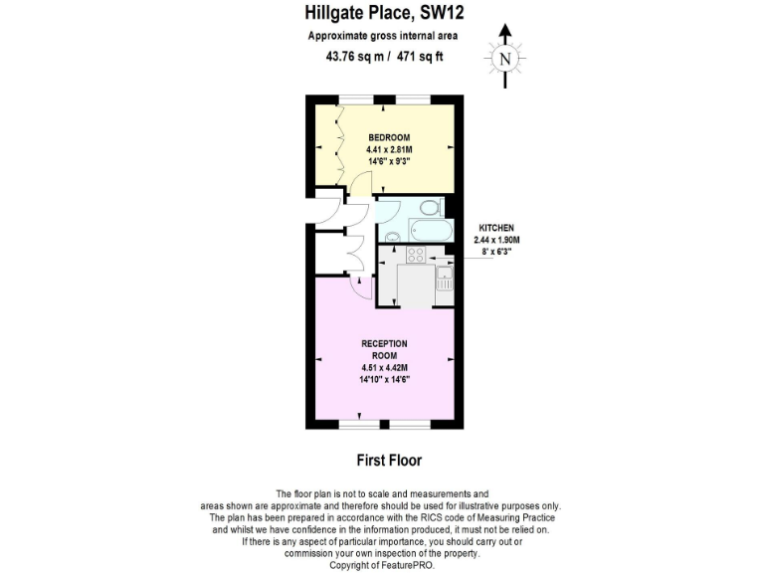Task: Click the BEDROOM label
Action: click(x=388, y=137)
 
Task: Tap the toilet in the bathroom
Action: click(x=429, y=208)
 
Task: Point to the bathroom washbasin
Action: click(x=392, y=237)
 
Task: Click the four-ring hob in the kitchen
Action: click(x=416, y=256)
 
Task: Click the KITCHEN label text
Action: click(x=497, y=229)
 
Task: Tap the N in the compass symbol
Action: click(x=505, y=59)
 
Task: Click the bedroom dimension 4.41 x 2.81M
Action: click(x=388, y=149)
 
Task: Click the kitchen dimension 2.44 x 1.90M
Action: click(x=497, y=240)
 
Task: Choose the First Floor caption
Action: click(x=389, y=461)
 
